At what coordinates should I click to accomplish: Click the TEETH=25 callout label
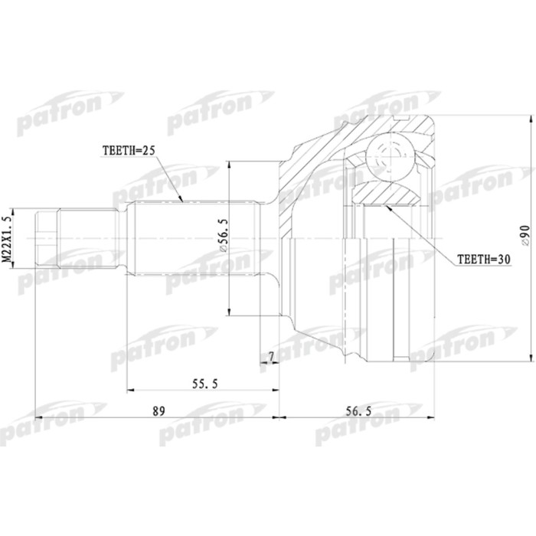tap(129, 152)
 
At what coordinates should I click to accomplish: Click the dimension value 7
tap(270, 358)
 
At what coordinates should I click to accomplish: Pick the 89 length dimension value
tap(159, 411)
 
